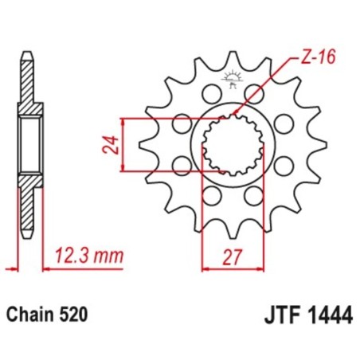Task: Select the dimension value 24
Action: [113, 145]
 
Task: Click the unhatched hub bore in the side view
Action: [29, 144]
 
